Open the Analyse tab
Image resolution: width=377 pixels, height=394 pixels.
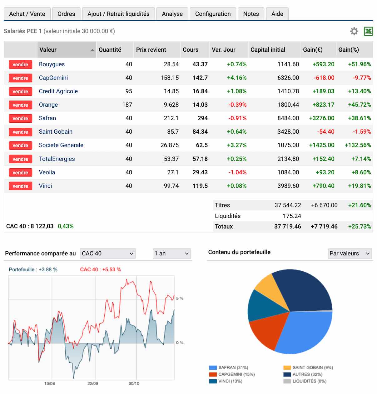(x=172, y=14)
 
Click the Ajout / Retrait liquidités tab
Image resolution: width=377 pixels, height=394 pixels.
(x=118, y=14)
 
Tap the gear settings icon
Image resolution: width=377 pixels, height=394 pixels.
(x=354, y=31)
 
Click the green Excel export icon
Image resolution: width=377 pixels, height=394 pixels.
(x=368, y=31)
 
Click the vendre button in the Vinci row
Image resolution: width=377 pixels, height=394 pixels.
(x=20, y=186)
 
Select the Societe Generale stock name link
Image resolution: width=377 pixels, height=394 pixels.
(x=61, y=145)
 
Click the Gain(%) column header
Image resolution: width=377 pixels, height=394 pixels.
(x=349, y=50)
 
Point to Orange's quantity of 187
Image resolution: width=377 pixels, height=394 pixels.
(x=127, y=105)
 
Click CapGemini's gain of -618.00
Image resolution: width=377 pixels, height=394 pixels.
(x=324, y=78)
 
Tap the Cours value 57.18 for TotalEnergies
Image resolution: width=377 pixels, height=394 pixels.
(x=200, y=159)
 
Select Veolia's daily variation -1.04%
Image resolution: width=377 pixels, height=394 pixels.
(x=237, y=172)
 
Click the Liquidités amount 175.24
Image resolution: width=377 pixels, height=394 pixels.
(x=292, y=216)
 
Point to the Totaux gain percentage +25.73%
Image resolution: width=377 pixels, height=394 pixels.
(x=360, y=227)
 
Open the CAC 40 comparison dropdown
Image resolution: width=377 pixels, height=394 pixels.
(x=107, y=253)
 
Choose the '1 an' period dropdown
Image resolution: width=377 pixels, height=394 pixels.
(x=172, y=253)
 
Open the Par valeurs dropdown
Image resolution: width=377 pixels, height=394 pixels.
(x=350, y=253)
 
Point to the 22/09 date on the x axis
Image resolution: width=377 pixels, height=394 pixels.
(x=93, y=384)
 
